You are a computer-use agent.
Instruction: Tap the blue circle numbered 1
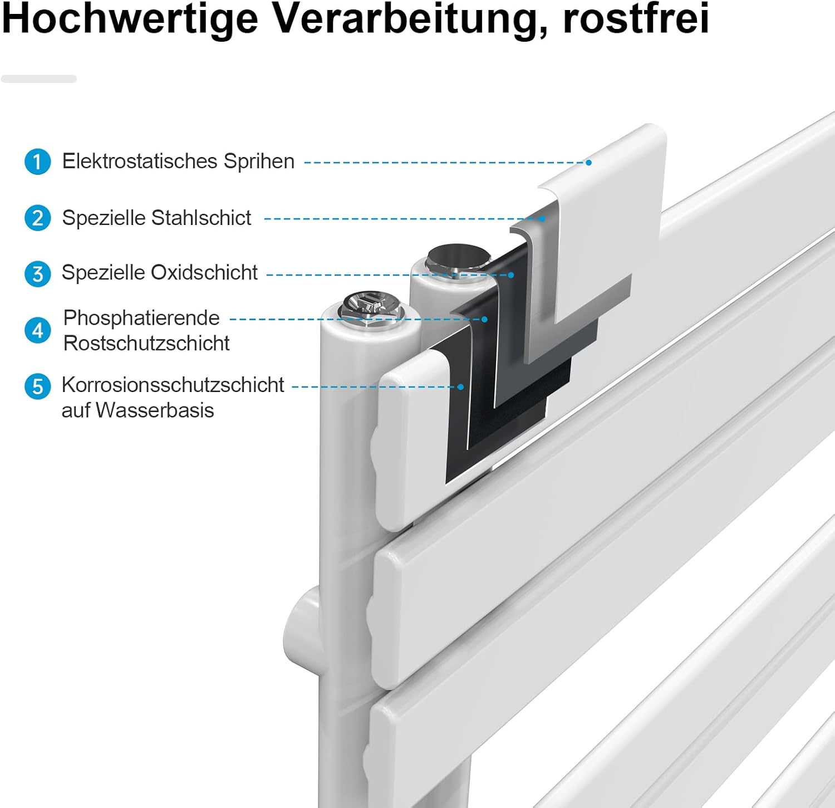38,161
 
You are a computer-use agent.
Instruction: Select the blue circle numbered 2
38,218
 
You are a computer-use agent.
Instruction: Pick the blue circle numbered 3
38,273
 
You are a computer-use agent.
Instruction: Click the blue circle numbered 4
38,330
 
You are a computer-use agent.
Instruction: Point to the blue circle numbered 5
38,386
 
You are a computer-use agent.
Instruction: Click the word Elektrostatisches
140,161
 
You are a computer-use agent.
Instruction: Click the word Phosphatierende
141,319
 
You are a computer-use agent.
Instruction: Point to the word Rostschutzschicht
146,343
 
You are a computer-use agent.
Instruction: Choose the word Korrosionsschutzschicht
173,385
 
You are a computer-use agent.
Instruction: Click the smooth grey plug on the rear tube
458,260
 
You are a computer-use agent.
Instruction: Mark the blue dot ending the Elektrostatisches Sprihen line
588,163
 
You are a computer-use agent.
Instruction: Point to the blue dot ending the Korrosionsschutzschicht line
461,386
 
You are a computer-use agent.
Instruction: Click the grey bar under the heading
39,79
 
